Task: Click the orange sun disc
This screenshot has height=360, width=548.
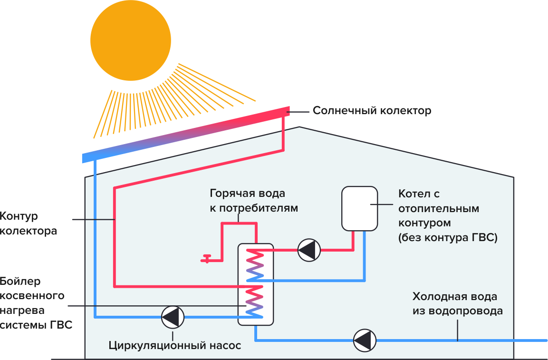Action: click(x=130, y=40)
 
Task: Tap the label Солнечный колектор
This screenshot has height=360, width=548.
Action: click(x=372, y=111)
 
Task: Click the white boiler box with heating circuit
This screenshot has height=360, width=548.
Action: click(x=359, y=207)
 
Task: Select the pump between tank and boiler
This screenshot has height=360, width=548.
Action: click(x=309, y=250)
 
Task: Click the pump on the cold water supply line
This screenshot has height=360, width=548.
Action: click(x=365, y=340)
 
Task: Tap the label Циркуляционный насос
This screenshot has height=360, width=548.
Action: click(x=175, y=346)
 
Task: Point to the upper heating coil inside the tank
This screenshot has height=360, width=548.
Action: click(x=255, y=265)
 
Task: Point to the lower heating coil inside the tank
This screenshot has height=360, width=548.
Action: click(x=255, y=301)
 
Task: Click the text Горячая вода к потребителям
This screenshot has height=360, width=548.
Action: click(x=247, y=201)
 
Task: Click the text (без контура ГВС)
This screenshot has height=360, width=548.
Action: click(x=448, y=238)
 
